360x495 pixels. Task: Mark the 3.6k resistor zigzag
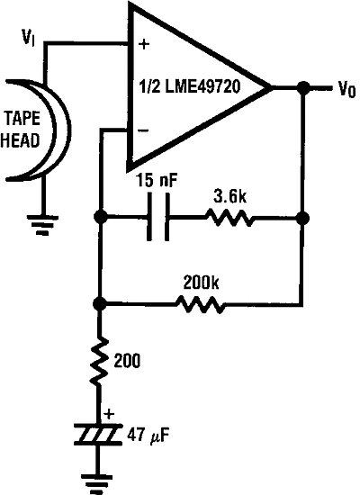click(x=229, y=218)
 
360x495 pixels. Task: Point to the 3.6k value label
click(x=229, y=193)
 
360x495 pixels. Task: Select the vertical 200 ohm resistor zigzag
click(x=100, y=362)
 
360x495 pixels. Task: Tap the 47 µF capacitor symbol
click(x=100, y=436)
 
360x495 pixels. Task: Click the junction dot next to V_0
click(x=303, y=88)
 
